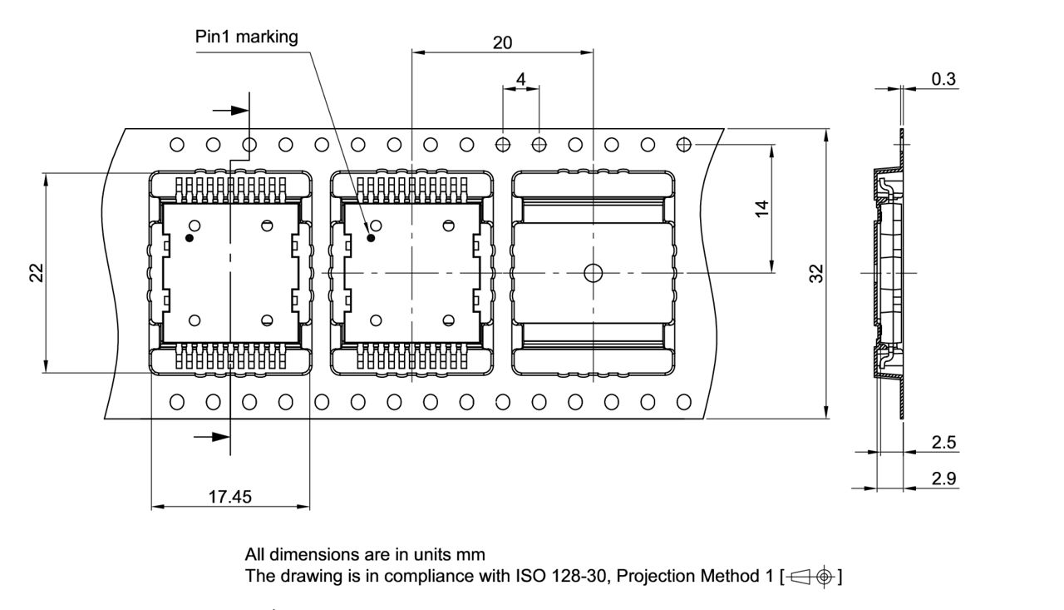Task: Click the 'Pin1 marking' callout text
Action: coord(246,37)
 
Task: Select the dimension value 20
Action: coord(502,42)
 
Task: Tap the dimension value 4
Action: coord(520,78)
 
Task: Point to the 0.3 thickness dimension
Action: coord(943,80)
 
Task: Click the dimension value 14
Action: coord(762,207)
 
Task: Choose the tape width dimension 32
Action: coord(816,273)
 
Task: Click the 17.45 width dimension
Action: coord(230,497)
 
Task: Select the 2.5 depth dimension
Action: coord(943,443)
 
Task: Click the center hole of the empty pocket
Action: coord(593,273)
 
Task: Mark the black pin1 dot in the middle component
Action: coord(371,238)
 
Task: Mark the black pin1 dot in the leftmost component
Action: coord(190,238)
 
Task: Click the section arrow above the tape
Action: coord(230,110)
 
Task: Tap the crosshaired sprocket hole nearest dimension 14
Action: coord(683,145)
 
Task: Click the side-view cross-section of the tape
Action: coord(887,273)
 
